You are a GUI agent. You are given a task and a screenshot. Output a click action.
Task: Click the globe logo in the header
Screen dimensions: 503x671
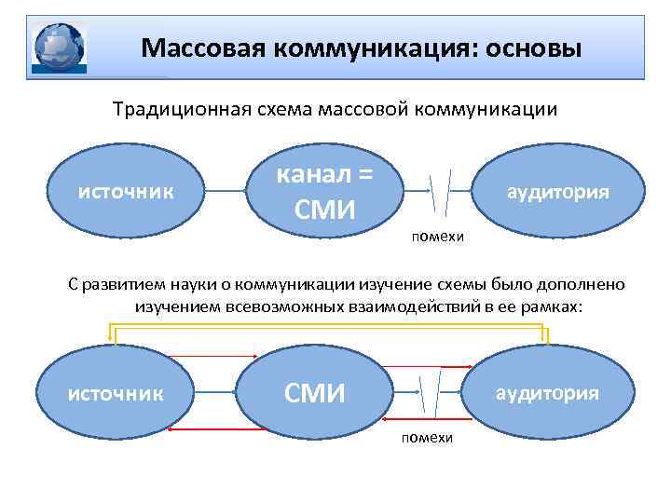(59, 47)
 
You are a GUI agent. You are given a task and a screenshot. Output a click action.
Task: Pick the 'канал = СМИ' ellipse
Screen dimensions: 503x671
(325, 192)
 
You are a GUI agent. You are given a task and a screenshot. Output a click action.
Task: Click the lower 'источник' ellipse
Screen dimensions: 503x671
(116, 392)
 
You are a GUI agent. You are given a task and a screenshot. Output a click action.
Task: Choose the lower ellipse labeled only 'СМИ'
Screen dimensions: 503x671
(314, 393)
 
